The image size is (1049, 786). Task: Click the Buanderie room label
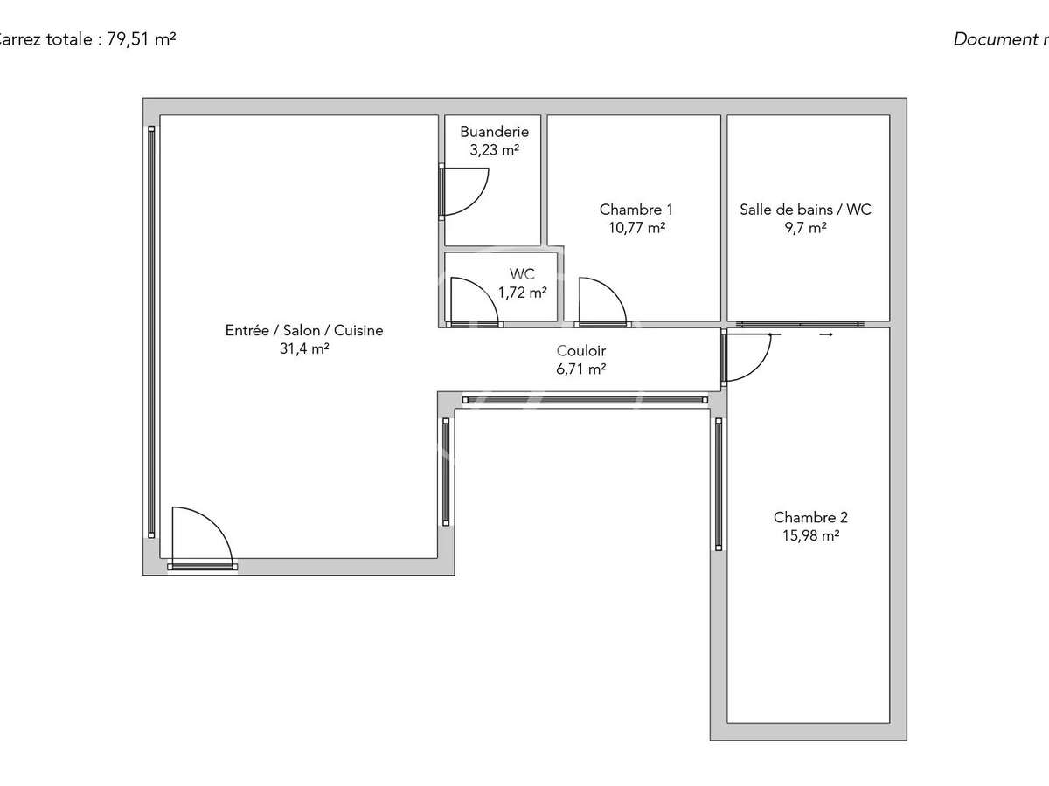(494, 132)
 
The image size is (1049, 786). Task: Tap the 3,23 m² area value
(494, 149)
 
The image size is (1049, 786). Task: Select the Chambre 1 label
(636, 210)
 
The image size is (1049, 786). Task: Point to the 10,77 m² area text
(636, 228)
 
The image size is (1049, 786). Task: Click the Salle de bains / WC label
(805, 210)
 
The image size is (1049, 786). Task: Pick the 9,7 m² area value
(805, 228)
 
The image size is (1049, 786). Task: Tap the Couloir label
(581, 351)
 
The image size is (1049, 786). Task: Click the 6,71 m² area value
(581, 369)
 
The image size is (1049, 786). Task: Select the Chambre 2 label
(810, 517)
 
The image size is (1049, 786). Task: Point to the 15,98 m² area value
(810, 535)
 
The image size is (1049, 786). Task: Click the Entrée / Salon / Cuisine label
(303, 330)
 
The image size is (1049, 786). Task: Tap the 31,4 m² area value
(303, 348)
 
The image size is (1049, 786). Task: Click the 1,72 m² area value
(522, 293)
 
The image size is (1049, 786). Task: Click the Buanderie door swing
(464, 191)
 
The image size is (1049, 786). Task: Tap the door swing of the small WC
(472, 301)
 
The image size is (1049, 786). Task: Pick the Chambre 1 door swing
(601, 301)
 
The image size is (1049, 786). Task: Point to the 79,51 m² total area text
(141, 39)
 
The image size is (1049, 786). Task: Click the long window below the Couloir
(584, 400)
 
